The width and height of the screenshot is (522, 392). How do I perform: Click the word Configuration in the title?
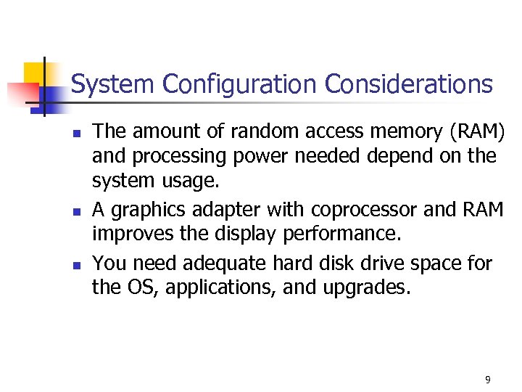click(241, 85)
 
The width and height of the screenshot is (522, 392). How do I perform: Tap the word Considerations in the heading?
click(408, 84)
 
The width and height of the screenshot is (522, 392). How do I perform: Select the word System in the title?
click(114, 84)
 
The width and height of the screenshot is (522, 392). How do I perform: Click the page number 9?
click(487, 380)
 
